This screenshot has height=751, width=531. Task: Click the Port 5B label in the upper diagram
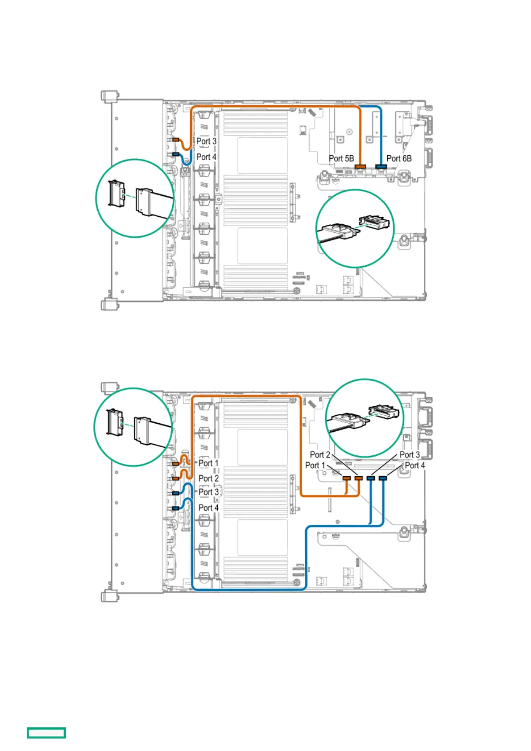pyautogui.click(x=341, y=158)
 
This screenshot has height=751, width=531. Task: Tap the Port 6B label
pyautogui.click(x=399, y=158)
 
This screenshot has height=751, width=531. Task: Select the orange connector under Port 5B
pyautogui.click(x=360, y=167)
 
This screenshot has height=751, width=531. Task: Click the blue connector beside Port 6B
pyautogui.click(x=381, y=167)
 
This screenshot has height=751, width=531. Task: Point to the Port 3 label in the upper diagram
pyautogui.click(x=206, y=141)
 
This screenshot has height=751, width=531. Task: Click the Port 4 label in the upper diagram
pyautogui.click(x=206, y=157)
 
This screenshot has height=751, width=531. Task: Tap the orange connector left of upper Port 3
pyautogui.click(x=176, y=140)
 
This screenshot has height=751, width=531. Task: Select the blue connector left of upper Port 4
pyautogui.click(x=176, y=154)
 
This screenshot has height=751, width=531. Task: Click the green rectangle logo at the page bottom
pyautogui.click(x=46, y=733)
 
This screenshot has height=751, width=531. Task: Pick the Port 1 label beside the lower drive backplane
pyautogui.click(x=208, y=463)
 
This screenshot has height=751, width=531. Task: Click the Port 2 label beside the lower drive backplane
pyautogui.click(x=208, y=479)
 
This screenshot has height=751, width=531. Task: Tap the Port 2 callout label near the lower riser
pyautogui.click(x=320, y=455)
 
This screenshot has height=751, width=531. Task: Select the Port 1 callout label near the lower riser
pyautogui.click(x=315, y=466)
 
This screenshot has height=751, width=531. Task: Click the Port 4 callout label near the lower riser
pyautogui.click(x=415, y=466)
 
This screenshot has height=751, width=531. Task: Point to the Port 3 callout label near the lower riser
pyautogui.click(x=409, y=455)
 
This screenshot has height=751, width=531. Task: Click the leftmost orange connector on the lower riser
pyautogui.click(x=346, y=478)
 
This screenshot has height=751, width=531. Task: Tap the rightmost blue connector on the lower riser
pyautogui.click(x=382, y=478)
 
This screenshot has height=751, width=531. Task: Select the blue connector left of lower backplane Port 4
pyautogui.click(x=176, y=508)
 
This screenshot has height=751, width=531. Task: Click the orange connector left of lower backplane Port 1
pyautogui.click(x=176, y=464)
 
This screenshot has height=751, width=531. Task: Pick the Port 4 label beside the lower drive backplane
pyautogui.click(x=208, y=508)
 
